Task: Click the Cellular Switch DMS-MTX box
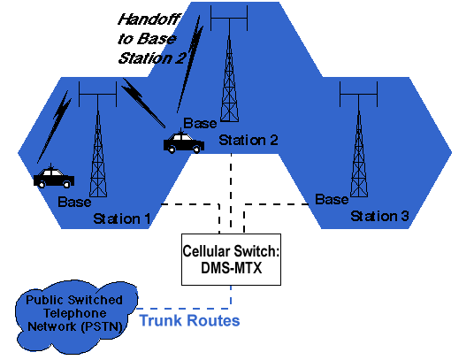231,259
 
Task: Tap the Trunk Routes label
190,320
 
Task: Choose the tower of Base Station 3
359,139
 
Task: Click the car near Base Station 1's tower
54,178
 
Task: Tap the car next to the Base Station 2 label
183,142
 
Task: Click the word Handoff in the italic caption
149,19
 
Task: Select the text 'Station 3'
379,216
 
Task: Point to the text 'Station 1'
122,218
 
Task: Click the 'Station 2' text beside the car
248,141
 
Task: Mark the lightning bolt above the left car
55,126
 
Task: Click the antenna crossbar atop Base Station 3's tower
359,95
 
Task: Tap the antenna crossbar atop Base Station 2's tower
229,19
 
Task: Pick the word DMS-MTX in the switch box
232,267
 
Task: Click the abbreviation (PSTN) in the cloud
102,327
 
